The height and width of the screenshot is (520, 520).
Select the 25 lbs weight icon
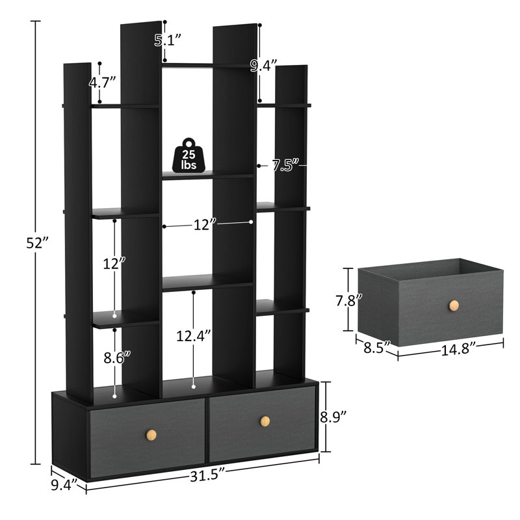[189, 155]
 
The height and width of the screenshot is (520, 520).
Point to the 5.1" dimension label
[167, 40]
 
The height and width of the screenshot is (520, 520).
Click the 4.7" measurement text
[103, 82]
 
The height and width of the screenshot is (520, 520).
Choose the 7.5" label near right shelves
[285, 166]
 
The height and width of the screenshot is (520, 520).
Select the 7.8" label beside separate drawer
[344, 300]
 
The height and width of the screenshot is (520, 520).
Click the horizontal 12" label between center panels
[204, 224]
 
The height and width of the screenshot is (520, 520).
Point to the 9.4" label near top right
[264, 64]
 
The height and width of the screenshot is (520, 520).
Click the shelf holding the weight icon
[207, 175]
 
